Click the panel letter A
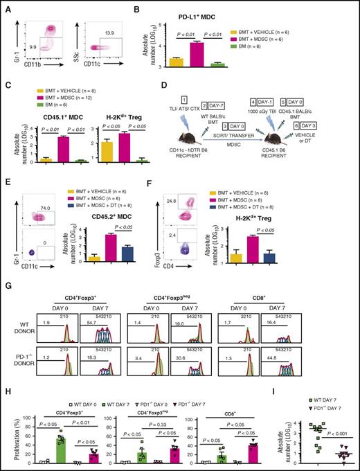tap(6, 6)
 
